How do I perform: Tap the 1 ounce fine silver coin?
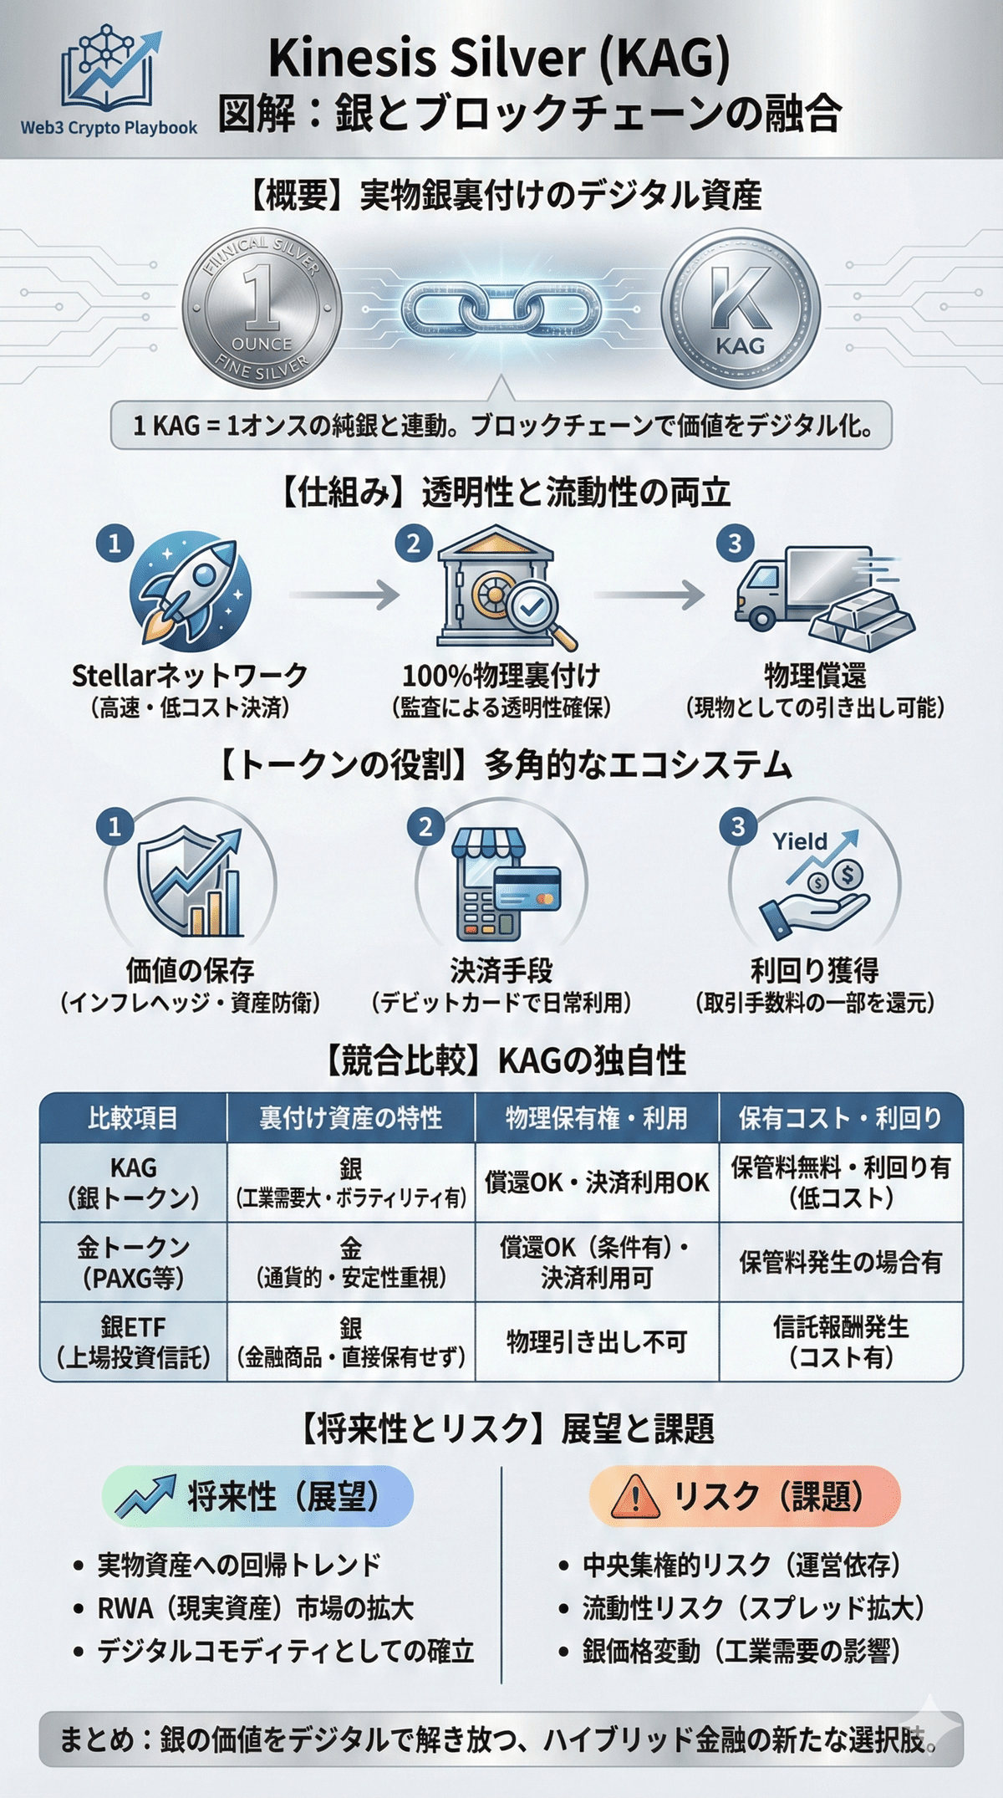(262, 309)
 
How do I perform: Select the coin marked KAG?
(741, 309)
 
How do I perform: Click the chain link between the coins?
(501, 308)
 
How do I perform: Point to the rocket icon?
(191, 594)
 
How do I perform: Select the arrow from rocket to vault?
(344, 595)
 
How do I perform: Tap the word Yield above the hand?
(800, 841)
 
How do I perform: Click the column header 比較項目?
(133, 1118)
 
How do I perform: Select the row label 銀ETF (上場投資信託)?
(133, 1341)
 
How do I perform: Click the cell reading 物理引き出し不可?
(597, 1341)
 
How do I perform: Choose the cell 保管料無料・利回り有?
(841, 1167)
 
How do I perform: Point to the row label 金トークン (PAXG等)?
(133, 1262)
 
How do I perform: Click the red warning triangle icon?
(635, 1497)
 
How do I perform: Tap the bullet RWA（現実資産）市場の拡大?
(255, 1607)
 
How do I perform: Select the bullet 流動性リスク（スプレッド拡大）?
(752, 1607)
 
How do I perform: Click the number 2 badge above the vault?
(414, 544)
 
